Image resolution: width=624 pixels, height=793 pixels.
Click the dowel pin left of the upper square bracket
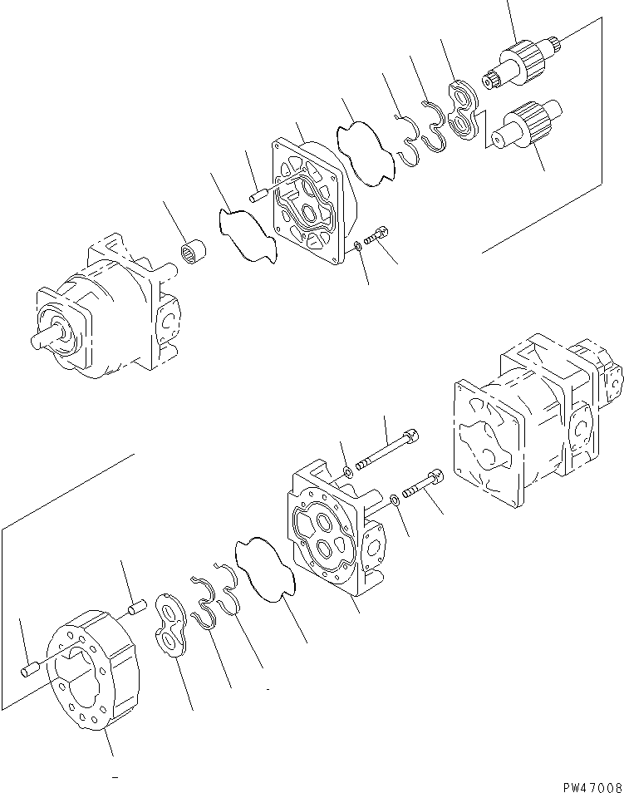pyautogui.click(x=256, y=197)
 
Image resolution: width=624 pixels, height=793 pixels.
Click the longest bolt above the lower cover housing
pyautogui.click(x=386, y=448)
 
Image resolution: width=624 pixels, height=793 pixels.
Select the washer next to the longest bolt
pyautogui.click(x=347, y=473)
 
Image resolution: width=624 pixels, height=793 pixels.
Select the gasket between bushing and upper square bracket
pyautogui.click(x=245, y=235)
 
